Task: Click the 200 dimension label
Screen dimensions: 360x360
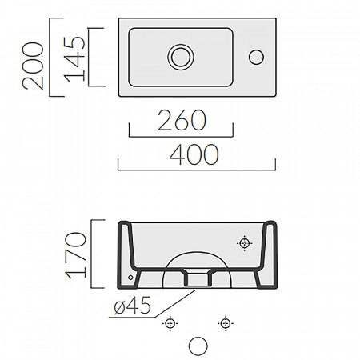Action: click(33, 66)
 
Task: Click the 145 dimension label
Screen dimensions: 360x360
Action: click(74, 59)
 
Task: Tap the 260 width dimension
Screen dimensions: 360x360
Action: click(182, 120)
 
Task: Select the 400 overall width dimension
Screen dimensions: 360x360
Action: click(194, 154)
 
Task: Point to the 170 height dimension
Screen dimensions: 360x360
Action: click(76, 255)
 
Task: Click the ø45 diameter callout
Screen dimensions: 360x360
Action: click(133, 306)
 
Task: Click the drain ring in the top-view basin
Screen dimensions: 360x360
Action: click(181, 57)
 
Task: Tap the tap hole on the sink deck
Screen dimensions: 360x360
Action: click(256, 57)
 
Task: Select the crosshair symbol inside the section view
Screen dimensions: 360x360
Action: click(245, 243)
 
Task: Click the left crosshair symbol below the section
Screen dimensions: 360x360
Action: click(170, 323)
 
